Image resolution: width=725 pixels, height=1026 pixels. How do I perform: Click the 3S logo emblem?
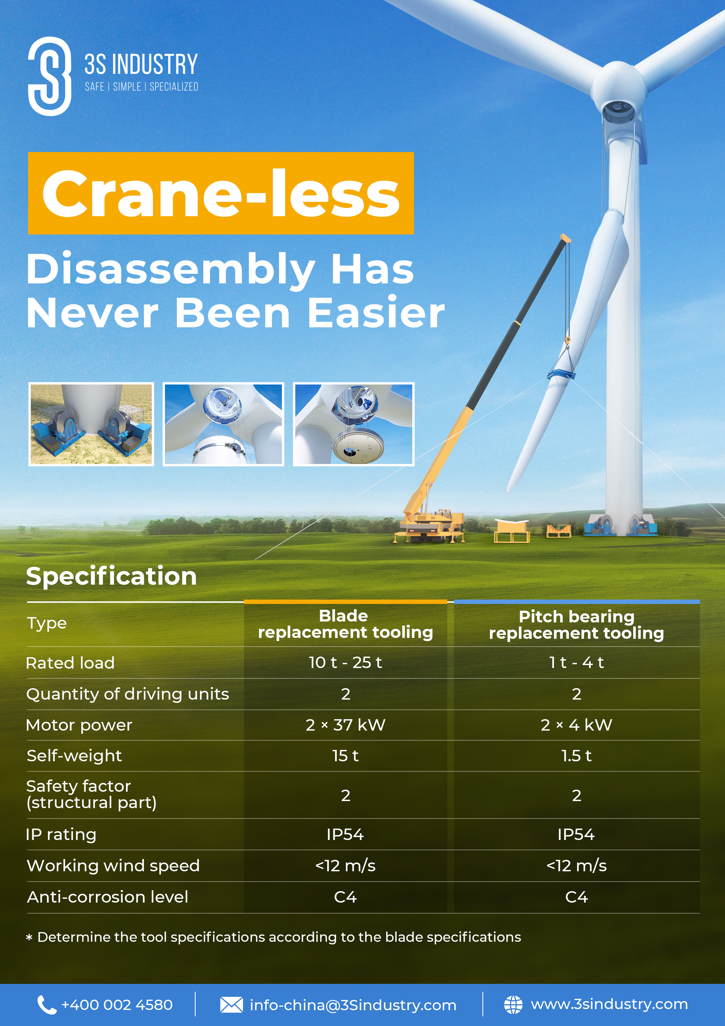coord(50,76)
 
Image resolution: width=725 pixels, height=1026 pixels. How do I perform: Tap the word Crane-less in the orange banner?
coord(221,194)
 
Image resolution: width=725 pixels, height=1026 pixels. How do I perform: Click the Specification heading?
coord(111,576)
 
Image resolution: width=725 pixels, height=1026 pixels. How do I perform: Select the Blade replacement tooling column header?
coord(345,624)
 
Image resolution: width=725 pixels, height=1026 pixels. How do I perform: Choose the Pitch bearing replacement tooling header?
coord(576,625)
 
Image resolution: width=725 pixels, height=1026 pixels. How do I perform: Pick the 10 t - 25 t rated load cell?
coord(345,662)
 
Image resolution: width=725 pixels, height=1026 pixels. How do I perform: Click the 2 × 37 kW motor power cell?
coord(345,725)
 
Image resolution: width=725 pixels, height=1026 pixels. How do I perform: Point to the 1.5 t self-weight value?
coord(576,756)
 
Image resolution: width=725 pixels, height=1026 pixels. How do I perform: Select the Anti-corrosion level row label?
coord(108,897)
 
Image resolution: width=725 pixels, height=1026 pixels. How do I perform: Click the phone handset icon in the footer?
coord(46,1005)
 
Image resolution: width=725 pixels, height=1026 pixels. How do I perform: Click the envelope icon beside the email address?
coord(232,1005)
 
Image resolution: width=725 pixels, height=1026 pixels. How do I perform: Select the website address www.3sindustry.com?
coord(609,1005)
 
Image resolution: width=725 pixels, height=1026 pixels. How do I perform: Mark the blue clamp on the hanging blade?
coord(562,372)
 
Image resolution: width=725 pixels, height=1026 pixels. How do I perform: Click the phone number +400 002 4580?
coord(117,1005)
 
